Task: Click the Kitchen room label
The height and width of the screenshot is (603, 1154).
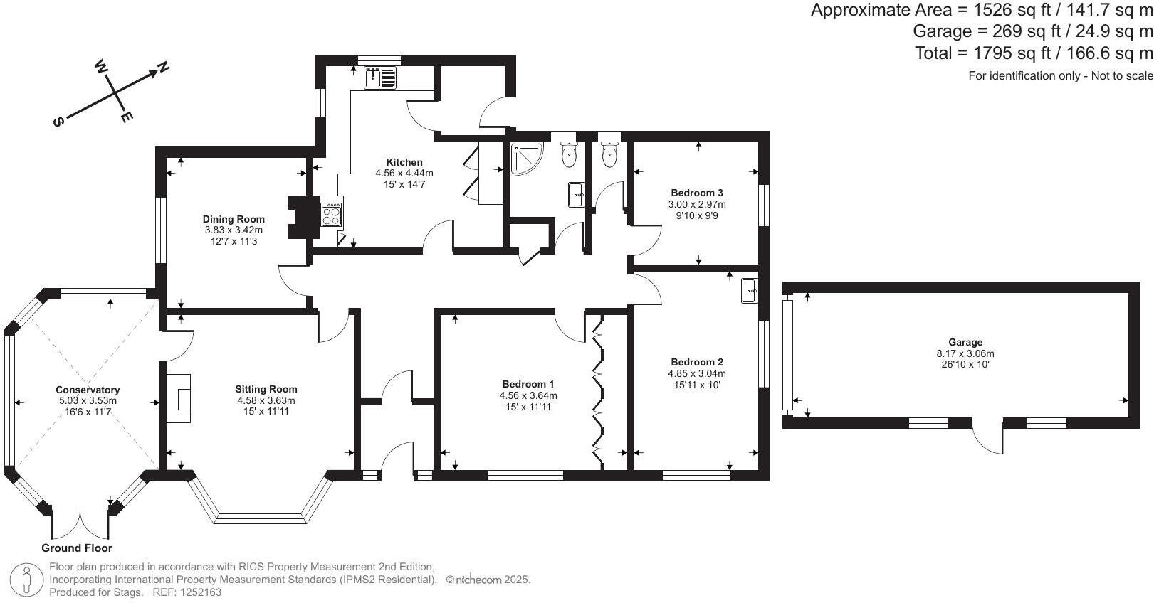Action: click(404, 162)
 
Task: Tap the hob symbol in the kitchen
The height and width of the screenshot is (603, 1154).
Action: click(332, 214)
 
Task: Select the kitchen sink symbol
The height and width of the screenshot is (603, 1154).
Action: click(381, 78)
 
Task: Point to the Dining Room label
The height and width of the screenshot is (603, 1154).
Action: click(234, 219)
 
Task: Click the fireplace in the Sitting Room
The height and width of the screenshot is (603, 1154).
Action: click(179, 398)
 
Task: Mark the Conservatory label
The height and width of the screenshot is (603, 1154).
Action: click(88, 390)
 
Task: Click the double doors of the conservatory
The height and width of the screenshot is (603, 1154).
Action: click(81, 525)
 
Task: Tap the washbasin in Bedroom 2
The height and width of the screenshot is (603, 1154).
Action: click(749, 290)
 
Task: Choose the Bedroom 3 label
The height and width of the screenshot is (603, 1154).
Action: click(697, 193)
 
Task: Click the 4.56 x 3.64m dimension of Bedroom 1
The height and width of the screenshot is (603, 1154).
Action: click(529, 396)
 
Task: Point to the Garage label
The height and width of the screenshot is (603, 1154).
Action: click(965, 342)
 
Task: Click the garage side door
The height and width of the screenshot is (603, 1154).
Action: click(988, 437)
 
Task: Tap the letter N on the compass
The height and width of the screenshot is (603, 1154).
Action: click(164, 68)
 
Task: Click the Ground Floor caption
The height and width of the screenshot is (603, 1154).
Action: click(77, 548)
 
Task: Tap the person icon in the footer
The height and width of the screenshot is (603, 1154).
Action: click(27, 580)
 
